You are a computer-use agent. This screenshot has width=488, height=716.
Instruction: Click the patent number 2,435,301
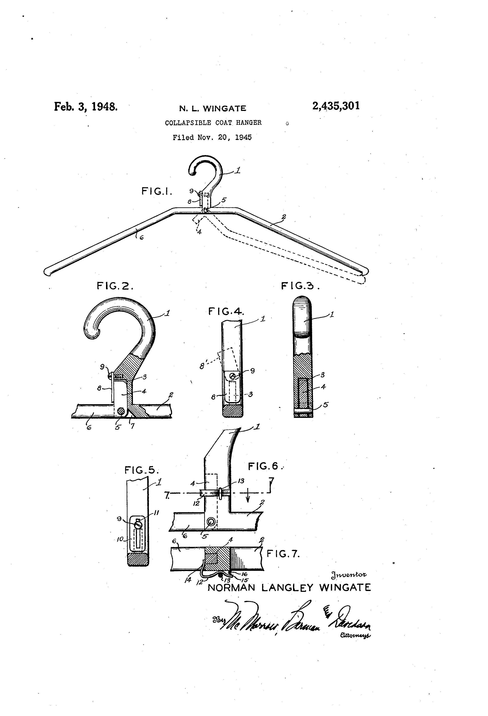[336, 106]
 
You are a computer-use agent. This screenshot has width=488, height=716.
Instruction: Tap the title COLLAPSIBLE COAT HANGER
[213, 123]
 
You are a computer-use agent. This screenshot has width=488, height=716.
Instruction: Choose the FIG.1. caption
[156, 191]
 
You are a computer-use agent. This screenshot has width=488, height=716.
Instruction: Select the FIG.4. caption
[226, 312]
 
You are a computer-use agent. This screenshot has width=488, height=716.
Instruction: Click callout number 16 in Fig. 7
[244, 574]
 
